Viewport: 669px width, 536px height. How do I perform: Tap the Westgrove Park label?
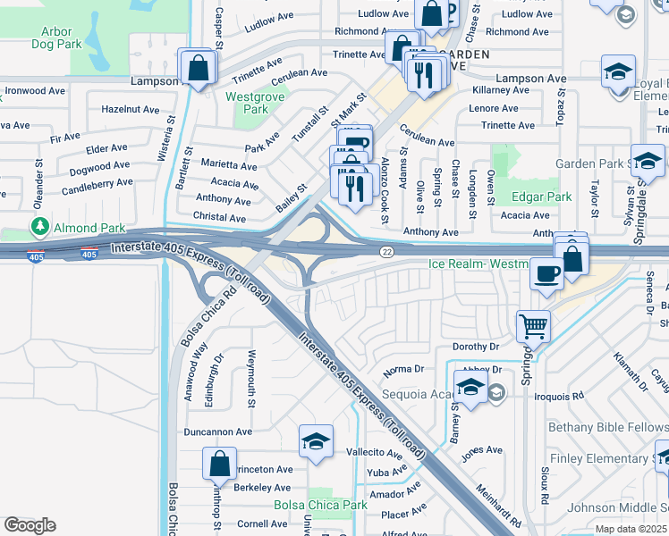tap(247, 103)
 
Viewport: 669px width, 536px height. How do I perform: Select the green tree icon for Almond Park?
tap(39, 227)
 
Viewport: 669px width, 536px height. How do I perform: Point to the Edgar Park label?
tap(541, 197)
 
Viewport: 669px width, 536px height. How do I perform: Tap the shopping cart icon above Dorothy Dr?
tap(533, 326)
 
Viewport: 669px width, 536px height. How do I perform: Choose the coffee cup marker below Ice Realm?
tap(546, 274)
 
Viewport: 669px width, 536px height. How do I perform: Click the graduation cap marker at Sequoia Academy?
tap(470, 386)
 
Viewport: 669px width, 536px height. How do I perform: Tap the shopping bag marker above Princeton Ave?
tap(219, 465)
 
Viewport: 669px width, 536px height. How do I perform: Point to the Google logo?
tap(30, 524)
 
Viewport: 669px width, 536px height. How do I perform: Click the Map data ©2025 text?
tap(631, 529)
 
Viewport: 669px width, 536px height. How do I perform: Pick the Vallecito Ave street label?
tap(377, 453)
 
